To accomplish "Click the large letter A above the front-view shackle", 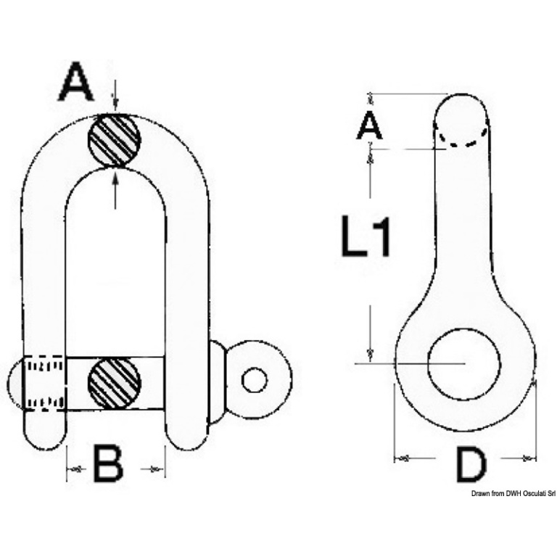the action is tap(75, 81).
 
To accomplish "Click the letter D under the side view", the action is tap(471, 465).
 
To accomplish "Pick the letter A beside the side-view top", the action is tap(369, 125).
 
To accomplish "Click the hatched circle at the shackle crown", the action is tap(115, 140).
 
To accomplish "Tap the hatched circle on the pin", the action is tap(115, 383).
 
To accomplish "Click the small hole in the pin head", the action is tap(255, 381).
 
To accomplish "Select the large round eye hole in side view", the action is tap(464, 364).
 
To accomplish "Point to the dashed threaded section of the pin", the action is tap(44, 383).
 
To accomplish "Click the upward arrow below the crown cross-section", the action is tap(115, 189).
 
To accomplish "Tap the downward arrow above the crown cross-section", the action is tap(115, 99).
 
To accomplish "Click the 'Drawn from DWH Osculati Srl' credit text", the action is tap(513, 494).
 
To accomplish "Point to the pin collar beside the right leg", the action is tap(217, 382).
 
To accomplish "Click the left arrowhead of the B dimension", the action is tap(70, 469).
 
